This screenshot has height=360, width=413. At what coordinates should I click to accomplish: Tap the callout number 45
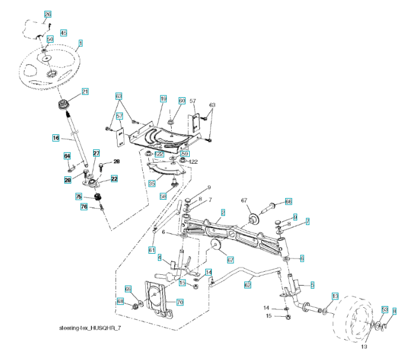63,32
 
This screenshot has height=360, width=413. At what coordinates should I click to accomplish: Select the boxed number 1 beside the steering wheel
80,43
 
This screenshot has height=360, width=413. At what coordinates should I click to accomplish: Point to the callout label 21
85,92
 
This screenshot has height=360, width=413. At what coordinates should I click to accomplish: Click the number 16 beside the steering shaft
55,138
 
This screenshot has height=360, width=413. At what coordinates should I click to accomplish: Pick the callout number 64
67,156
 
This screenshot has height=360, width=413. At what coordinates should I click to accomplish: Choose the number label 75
79,196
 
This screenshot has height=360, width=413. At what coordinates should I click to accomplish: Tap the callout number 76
84,207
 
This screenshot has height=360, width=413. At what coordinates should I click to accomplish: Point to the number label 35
152,182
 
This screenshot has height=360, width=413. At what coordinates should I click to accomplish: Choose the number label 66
288,202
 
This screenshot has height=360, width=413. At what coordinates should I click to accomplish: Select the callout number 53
385,310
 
